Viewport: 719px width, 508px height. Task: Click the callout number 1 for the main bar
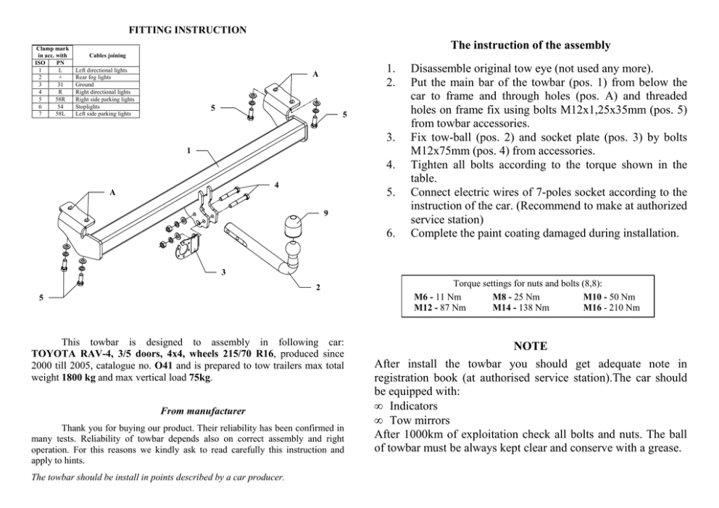coord(188,151)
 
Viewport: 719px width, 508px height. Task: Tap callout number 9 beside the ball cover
coord(325,212)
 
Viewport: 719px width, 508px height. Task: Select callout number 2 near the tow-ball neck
coord(317,287)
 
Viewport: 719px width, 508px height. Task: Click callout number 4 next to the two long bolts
coord(277,186)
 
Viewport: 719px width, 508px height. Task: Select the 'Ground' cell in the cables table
coord(85,85)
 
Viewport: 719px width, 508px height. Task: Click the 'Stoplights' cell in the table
coord(88,107)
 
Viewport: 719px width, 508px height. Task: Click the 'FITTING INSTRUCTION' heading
coord(187,30)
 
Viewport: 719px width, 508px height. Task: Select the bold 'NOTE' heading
coord(530,346)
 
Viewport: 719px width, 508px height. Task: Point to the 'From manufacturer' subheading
coord(187,411)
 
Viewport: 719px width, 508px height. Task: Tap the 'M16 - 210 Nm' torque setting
coord(612,307)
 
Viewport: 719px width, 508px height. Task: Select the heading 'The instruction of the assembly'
coord(530,45)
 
